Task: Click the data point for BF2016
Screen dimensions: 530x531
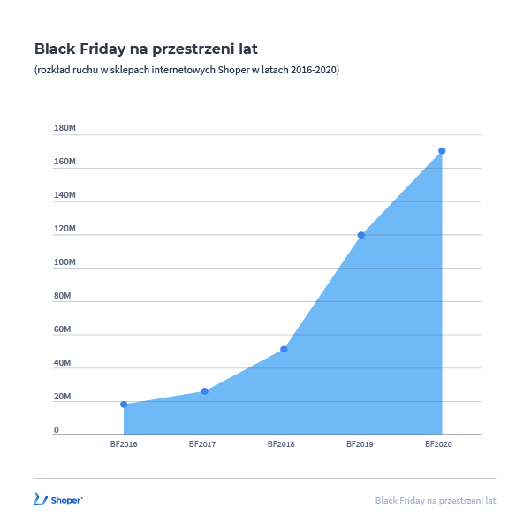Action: coord(124,405)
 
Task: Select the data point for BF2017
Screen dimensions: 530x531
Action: coord(204,391)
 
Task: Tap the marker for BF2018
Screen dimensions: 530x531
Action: coord(284,349)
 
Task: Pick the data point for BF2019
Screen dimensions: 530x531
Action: coord(361,235)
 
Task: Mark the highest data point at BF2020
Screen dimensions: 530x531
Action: coord(442,150)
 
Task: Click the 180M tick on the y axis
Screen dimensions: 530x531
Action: coord(64,129)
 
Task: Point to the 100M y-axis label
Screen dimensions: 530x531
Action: coord(64,263)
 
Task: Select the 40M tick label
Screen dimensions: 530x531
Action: coord(62,363)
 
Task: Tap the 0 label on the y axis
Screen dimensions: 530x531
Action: coord(56,430)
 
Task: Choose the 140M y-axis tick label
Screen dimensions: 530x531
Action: coord(64,196)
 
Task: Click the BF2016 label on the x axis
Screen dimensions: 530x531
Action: coord(124,444)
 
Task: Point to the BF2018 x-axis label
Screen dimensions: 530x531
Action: coord(281,444)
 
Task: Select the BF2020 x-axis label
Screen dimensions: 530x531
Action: coord(438,444)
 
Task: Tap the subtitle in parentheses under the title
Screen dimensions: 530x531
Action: coord(186,70)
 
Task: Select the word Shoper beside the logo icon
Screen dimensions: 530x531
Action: coord(67,500)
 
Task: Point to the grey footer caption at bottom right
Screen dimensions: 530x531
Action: coord(436,500)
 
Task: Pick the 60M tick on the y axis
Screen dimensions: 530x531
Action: coord(62,329)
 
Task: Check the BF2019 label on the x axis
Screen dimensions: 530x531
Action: coord(360,444)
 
